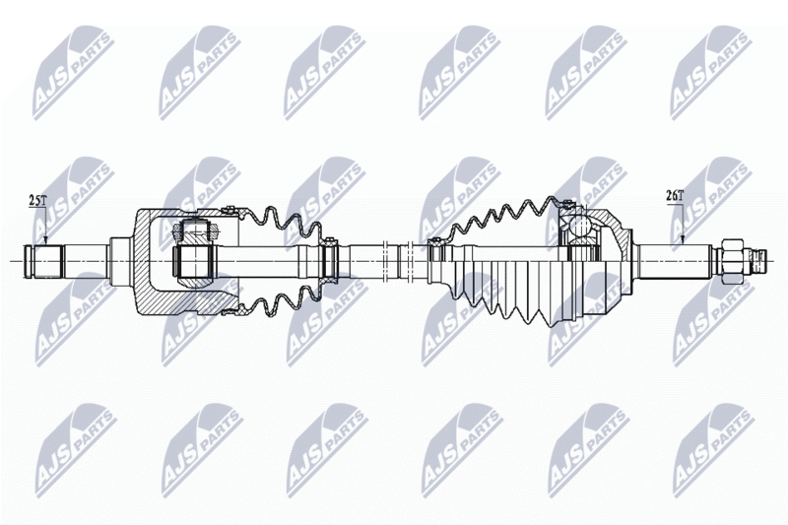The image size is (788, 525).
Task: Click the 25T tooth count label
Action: pyautogui.click(x=36, y=201)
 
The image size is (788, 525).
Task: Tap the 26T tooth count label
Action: pyautogui.click(x=675, y=195)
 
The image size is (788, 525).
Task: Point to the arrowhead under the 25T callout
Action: pyautogui.click(x=45, y=240)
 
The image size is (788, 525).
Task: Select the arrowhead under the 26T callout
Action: pyautogui.click(x=683, y=240)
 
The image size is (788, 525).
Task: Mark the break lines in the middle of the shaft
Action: pyautogui.click(x=397, y=261)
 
